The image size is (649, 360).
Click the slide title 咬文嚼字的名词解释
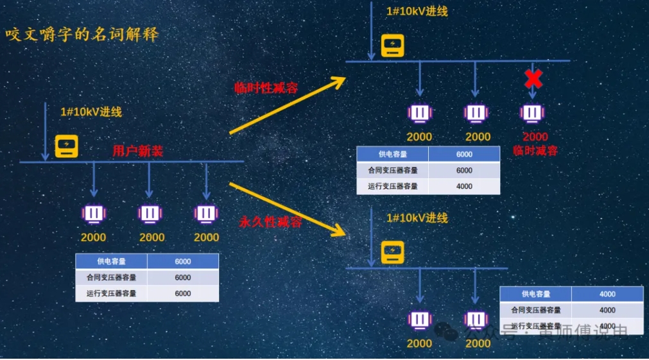82,34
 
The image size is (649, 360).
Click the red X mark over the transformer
533,79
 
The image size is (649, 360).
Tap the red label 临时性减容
266,88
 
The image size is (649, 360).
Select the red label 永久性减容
270,222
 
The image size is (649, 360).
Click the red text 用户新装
138,151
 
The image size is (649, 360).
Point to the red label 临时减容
535,151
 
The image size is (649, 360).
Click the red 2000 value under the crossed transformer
535,137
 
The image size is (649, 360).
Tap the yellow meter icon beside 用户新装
66,146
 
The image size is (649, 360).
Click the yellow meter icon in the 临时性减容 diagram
392,46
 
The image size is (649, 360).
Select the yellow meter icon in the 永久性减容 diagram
392,252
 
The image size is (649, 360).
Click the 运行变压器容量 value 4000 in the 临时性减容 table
464,186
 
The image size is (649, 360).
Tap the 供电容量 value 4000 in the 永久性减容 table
607,294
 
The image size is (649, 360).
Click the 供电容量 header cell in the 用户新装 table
112,261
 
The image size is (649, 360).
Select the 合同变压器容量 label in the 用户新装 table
112,277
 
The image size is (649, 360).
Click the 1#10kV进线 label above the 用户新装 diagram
91,112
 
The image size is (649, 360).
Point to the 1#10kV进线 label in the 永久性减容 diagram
417,218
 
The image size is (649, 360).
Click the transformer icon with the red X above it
532,114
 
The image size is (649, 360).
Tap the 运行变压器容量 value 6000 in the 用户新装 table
183,293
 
